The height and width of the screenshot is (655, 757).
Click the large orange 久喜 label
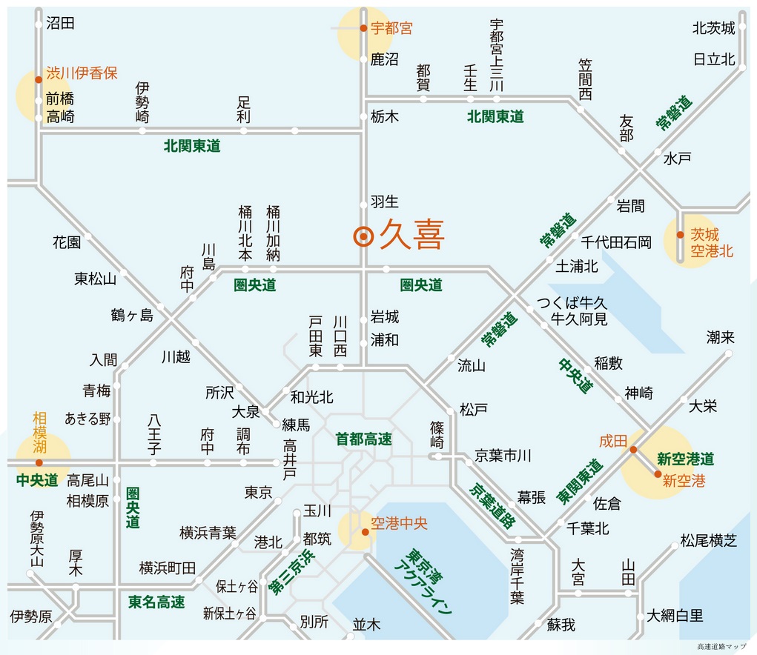point(411,235)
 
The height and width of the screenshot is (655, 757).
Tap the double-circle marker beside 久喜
point(363,236)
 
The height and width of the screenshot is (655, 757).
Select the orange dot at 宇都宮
point(363,28)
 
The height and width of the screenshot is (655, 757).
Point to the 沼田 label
point(60,23)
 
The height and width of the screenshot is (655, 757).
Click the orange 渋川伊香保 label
point(82,73)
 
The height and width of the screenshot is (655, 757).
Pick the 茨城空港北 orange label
point(712,242)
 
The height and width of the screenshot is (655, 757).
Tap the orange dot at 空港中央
point(366,531)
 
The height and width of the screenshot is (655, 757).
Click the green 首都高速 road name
point(363,439)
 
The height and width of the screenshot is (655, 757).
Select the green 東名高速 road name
point(156,602)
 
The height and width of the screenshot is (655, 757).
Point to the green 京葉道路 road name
point(492,505)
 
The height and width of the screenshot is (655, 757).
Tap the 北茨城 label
point(713,28)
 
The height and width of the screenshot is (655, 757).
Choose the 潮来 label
point(721,337)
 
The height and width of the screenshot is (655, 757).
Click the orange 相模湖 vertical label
point(39,433)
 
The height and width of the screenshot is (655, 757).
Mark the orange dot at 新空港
point(658,474)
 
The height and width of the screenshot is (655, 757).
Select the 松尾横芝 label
point(709,541)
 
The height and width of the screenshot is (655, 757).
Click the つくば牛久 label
point(572,303)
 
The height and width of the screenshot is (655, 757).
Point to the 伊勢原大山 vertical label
point(36,538)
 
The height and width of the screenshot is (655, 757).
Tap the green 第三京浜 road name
point(291,571)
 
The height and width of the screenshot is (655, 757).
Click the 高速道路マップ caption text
point(721,646)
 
